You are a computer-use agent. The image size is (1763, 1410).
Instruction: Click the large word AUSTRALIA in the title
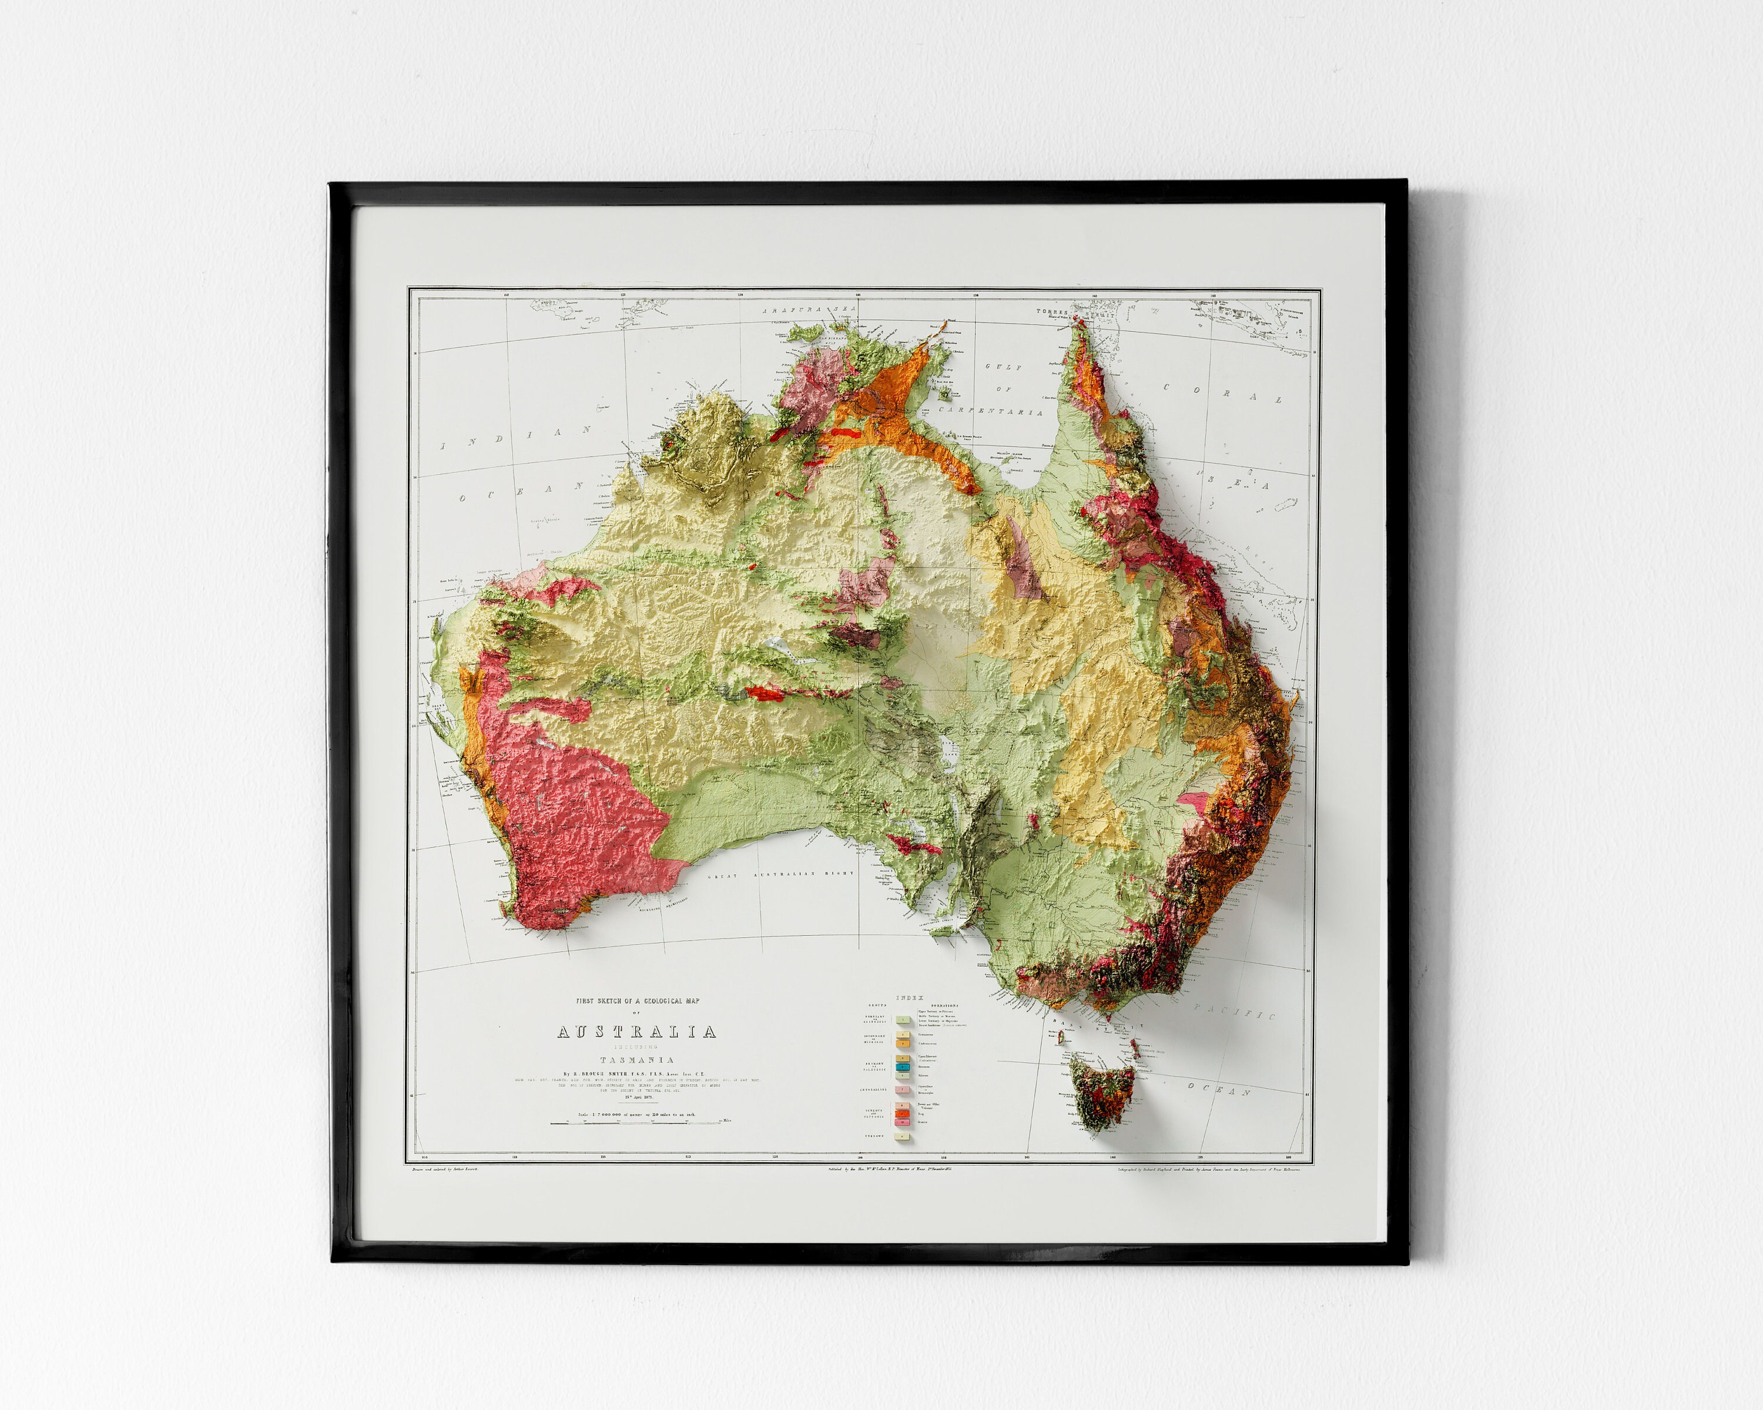(x=636, y=1032)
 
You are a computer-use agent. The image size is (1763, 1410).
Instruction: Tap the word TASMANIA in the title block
(x=636, y=1060)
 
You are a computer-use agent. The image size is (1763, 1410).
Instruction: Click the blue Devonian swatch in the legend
(x=903, y=1067)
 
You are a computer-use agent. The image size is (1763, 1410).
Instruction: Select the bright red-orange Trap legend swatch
(x=903, y=1113)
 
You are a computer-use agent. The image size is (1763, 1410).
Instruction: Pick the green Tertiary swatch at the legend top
(x=903, y=1020)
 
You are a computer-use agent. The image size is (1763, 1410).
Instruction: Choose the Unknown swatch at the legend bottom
(x=903, y=1136)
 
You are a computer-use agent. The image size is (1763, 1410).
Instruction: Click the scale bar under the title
(x=636, y=1123)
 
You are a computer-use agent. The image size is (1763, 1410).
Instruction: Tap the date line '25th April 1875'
(x=636, y=1098)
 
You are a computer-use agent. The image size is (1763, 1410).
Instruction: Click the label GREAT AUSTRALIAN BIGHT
(x=781, y=875)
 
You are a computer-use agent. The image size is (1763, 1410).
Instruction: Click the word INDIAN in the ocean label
(x=516, y=438)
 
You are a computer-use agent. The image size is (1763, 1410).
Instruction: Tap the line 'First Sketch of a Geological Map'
(x=636, y=1001)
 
